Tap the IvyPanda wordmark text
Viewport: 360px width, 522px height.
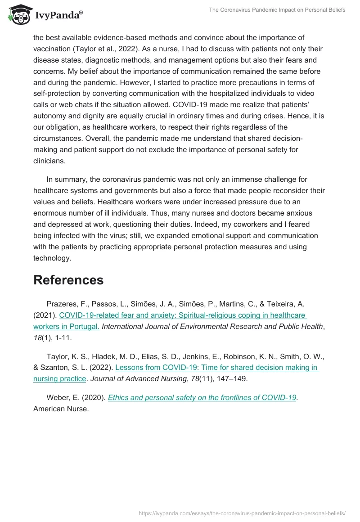(58, 15)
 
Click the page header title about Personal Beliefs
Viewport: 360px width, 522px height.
(277, 10)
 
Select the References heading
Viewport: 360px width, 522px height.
(68, 280)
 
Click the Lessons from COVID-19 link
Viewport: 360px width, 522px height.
(217, 368)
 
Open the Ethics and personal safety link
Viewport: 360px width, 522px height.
(202, 397)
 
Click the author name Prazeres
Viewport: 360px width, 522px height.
(63, 304)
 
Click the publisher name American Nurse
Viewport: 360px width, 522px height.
(61, 409)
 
